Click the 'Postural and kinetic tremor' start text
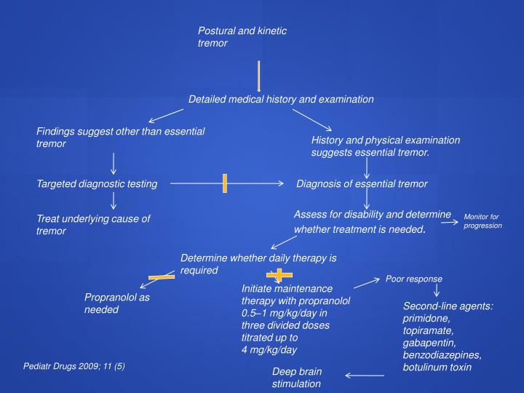coord(242,37)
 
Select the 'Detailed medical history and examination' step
coord(281,99)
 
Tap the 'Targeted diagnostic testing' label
coord(97,184)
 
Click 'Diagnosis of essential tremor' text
coord(362,184)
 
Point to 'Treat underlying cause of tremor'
coord(93,225)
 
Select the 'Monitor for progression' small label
coord(483,221)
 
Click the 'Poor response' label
coord(413,279)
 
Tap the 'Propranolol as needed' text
coord(116,303)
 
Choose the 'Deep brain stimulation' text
coord(296,377)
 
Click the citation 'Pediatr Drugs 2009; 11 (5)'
coord(74,365)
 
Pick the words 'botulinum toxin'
coord(437,367)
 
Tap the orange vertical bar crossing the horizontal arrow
coord(226,184)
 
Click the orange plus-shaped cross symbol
coord(279,275)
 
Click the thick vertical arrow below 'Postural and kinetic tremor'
coord(258,76)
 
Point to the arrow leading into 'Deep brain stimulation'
coord(365,376)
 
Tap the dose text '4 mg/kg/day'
coord(269,350)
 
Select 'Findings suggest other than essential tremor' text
coord(120,138)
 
